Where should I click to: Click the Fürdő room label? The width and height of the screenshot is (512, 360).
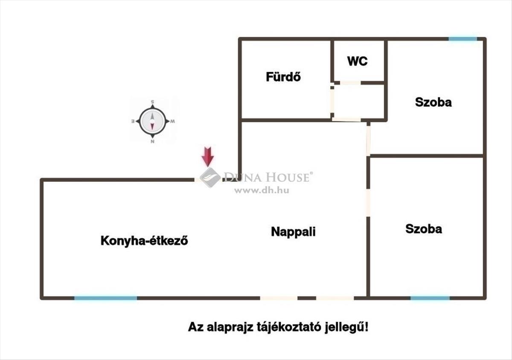283,76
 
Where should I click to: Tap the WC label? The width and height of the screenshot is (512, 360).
358,61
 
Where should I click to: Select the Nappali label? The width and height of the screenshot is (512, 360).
293,231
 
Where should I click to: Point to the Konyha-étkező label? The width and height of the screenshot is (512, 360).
144,240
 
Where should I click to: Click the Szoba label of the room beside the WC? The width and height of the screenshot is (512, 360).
433,102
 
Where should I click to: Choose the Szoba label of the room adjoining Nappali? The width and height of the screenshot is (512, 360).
424,229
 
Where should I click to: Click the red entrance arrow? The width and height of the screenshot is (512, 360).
207,157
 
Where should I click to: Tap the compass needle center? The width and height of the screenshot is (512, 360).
152,121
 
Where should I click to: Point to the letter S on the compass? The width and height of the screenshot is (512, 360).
152,102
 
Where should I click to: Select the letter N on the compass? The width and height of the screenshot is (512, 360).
152,142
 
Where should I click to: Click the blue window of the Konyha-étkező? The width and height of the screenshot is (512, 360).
106,298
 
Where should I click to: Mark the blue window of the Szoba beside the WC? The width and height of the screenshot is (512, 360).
463,39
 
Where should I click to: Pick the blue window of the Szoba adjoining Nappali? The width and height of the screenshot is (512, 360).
430,298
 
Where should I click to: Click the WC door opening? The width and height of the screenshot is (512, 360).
350,82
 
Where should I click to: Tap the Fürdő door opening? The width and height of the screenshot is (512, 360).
332,101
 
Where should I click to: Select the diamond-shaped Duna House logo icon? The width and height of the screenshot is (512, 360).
210,178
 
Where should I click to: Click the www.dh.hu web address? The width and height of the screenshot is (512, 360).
262,190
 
